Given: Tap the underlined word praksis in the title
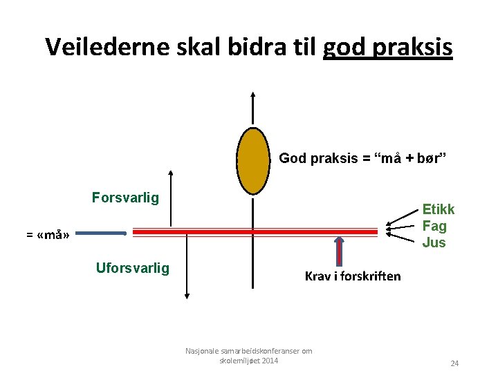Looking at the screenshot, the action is tap(414, 46).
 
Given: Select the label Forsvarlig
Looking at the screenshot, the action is tap(125, 198).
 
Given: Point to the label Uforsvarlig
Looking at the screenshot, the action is tap(132, 268).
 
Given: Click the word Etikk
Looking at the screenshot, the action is tap(439, 210).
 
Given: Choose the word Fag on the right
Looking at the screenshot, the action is tap(434, 226).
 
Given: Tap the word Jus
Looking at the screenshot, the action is tap(434, 242).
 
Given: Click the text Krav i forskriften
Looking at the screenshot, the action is tap(353, 276).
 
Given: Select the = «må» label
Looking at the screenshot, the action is tap(48, 235).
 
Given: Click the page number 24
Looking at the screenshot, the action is tap(454, 363).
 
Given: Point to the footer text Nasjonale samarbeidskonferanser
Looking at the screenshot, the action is tap(248, 351).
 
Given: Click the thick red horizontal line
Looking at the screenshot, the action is tap(255, 233).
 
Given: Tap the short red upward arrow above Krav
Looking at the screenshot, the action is tap(339, 251).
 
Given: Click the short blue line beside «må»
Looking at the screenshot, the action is tap(100, 233).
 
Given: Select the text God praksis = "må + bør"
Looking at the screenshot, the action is tap(362, 159).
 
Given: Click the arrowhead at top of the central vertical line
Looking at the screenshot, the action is tap(253, 95).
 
